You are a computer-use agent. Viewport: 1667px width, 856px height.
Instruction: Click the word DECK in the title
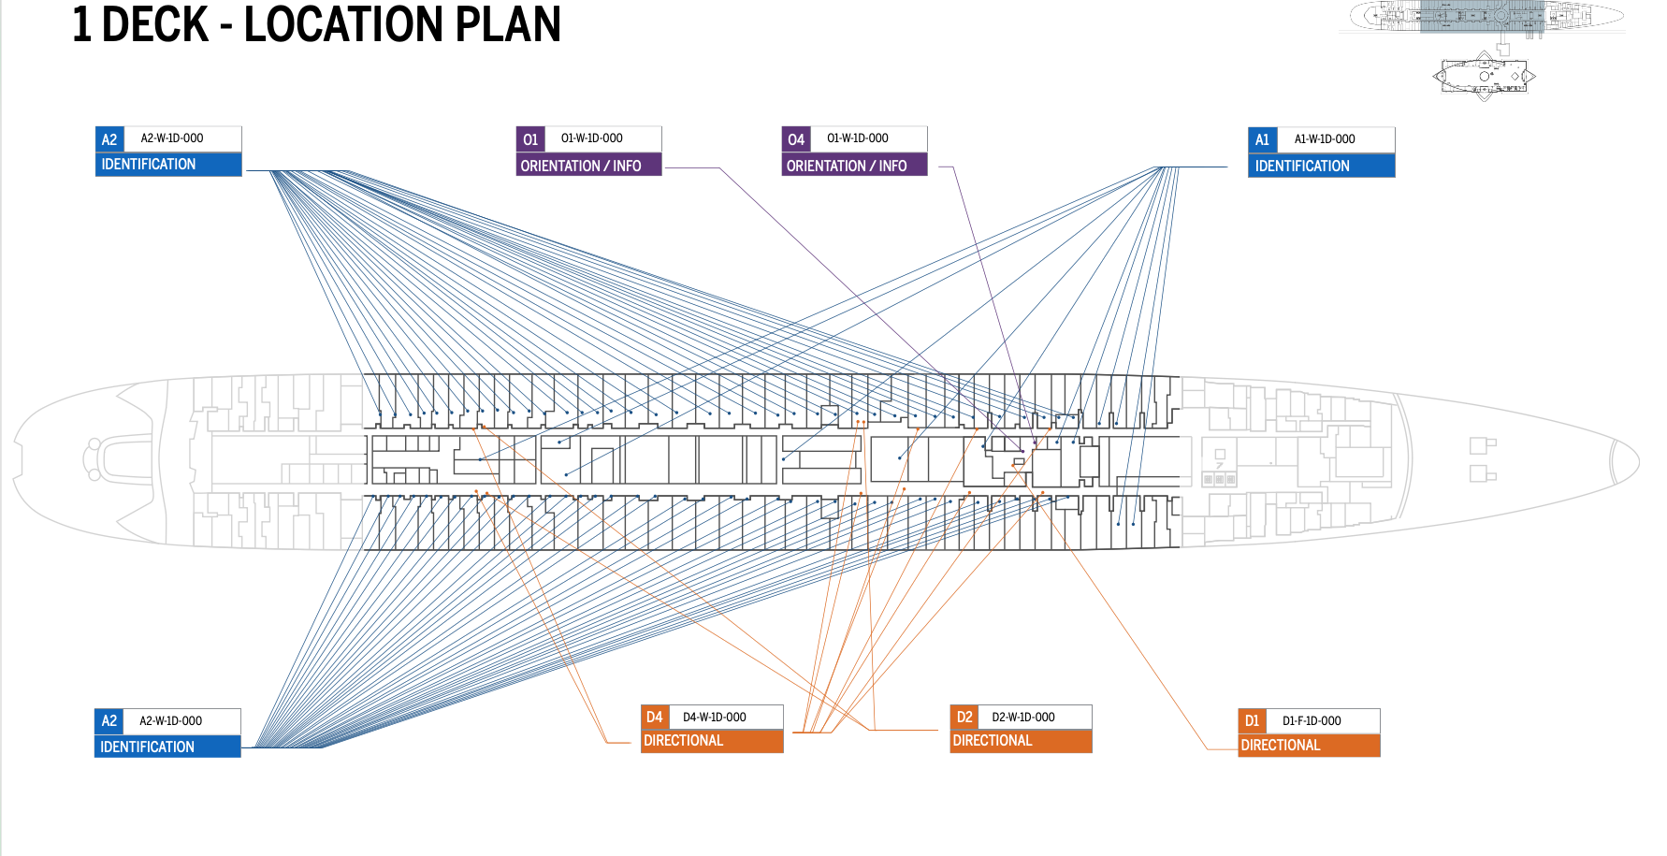pyautogui.click(x=155, y=24)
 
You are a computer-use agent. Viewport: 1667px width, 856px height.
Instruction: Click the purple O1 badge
pyautogui.click(x=530, y=139)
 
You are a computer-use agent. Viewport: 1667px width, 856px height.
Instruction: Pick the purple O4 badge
pyautogui.click(x=796, y=139)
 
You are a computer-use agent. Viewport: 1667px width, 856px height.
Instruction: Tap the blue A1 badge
pyautogui.click(x=1262, y=140)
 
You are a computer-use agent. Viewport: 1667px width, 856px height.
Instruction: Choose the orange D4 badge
pyautogui.click(x=655, y=718)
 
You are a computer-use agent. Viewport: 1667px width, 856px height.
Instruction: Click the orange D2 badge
pyautogui.click(x=964, y=718)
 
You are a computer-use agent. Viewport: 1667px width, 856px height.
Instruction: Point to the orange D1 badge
pyautogui.click(x=1252, y=721)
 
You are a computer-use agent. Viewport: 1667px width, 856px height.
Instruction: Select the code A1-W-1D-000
pyautogui.click(x=1325, y=139)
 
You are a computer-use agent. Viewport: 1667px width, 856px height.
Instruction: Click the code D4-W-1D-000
pyautogui.click(x=715, y=718)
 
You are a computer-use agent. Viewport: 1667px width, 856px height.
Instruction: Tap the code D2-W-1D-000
pyautogui.click(x=1023, y=718)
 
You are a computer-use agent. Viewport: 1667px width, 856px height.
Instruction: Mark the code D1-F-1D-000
pyautogui.click(x=1312, y=721)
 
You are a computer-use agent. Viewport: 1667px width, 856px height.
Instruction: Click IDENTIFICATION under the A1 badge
pyautogui.click(x=1302, y=166)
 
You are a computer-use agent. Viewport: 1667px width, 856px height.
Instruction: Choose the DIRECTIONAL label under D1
pyautogui.click(x=1281, y=746)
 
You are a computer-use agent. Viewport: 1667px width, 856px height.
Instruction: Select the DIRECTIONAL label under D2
pyautogui.click(x=993, y=741)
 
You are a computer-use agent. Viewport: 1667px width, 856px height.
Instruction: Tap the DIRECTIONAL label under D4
pyautogui.click(x=684, y=741)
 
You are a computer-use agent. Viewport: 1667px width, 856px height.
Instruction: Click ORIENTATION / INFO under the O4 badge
pyautogui.click(x=847, y=166)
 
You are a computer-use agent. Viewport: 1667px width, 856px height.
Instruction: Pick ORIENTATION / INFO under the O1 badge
pyautogui.click(x=581, y=166)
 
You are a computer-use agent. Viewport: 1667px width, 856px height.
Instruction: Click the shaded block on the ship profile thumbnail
pyautogui.click(x=1482, y=17)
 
